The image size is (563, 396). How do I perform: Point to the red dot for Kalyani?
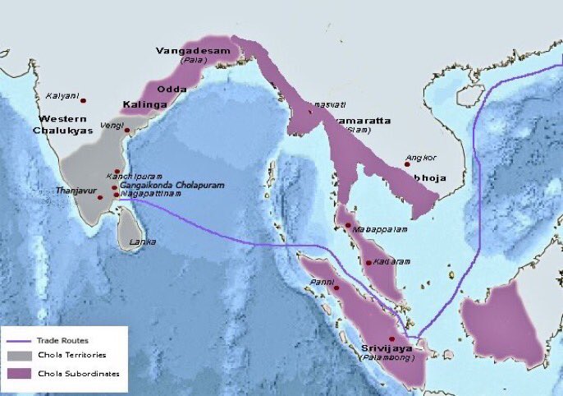tap(83, 100)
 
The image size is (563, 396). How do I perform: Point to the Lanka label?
tap(143, 242)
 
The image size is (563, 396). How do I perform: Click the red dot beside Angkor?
tap(406, 164)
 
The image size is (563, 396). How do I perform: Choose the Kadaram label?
tap(391, 261)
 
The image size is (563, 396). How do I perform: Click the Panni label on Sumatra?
tap(320, 281)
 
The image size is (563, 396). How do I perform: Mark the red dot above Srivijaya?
tap(392, 338)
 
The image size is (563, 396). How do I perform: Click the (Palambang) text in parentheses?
tap(387, 357)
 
